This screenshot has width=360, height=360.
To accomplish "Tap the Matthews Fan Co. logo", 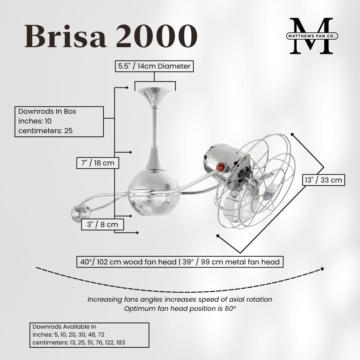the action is pos(312,36).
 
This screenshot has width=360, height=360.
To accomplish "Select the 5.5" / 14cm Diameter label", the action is pos(154,66).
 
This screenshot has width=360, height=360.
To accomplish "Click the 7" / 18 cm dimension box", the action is pos(98,163).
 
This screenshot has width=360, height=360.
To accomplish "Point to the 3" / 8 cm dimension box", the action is pos(103,224).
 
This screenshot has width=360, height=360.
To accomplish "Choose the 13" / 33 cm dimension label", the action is pos(324,180).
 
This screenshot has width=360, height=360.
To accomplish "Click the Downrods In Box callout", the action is pos(59,121).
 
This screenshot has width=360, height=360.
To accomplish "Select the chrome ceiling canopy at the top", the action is pos(154,97).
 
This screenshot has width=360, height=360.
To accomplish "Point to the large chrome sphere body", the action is pos(153,192).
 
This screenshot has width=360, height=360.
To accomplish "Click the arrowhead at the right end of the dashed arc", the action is pos(323,269).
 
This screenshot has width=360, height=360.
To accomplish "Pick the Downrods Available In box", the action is pos(89,335).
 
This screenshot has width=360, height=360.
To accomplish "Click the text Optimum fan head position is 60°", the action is pos(180,309).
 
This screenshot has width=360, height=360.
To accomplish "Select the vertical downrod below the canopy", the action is pos(155,127).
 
